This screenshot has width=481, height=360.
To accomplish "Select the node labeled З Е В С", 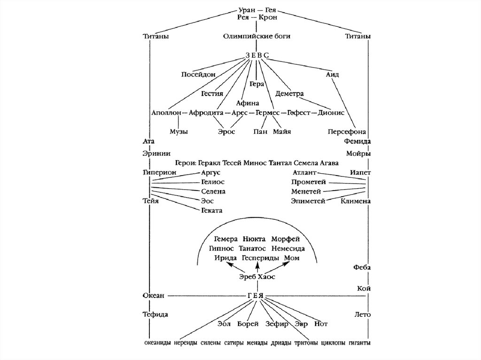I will point(256,55).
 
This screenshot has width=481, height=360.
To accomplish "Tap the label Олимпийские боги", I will point(256,36).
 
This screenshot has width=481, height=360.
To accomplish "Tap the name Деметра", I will point(290,93).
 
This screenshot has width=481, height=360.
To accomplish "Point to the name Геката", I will point(212,210).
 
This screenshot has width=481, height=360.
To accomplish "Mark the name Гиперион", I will point(160,173).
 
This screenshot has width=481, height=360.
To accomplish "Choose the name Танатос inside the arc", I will point(259,248).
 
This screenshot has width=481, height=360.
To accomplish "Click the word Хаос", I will point(266,277).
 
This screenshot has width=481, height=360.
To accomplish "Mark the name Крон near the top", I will point(268,17).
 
